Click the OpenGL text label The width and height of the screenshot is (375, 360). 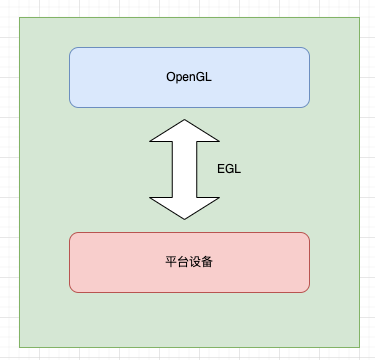point(189,76)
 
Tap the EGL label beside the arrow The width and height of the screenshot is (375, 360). point(229,169)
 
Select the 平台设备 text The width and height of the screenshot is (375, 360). point(189,263)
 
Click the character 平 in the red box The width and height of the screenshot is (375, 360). point(171,263)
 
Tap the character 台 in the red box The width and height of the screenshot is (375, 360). point(183,263)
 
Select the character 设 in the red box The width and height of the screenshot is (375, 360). point(195,263)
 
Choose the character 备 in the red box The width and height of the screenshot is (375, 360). point(207,263)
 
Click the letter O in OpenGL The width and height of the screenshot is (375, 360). point(170,76)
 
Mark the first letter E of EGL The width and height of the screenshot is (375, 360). point(221,169)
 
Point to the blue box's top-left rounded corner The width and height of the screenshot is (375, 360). point(72,49)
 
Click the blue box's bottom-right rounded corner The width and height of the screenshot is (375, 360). point(306,103)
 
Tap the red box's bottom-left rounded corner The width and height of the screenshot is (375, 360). point(72,289)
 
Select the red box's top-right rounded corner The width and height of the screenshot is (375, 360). point(306,236)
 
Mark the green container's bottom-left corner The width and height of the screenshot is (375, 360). point(20,346)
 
